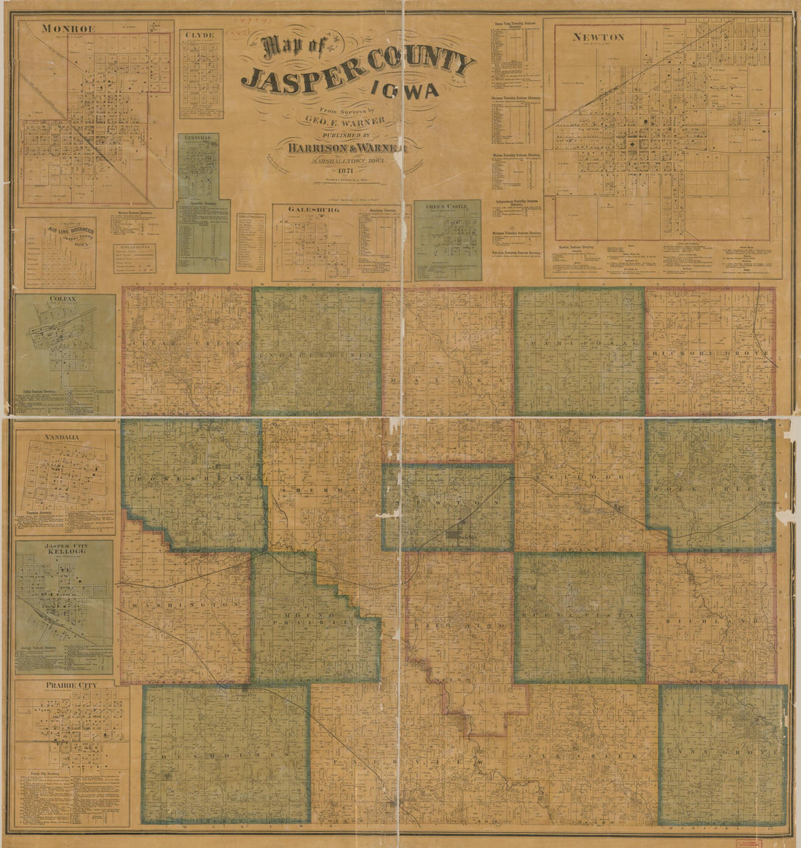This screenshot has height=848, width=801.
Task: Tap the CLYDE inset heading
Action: [198, 34]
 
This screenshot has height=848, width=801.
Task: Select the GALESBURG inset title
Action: [307, 209]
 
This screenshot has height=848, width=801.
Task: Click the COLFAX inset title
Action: [64, 299]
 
